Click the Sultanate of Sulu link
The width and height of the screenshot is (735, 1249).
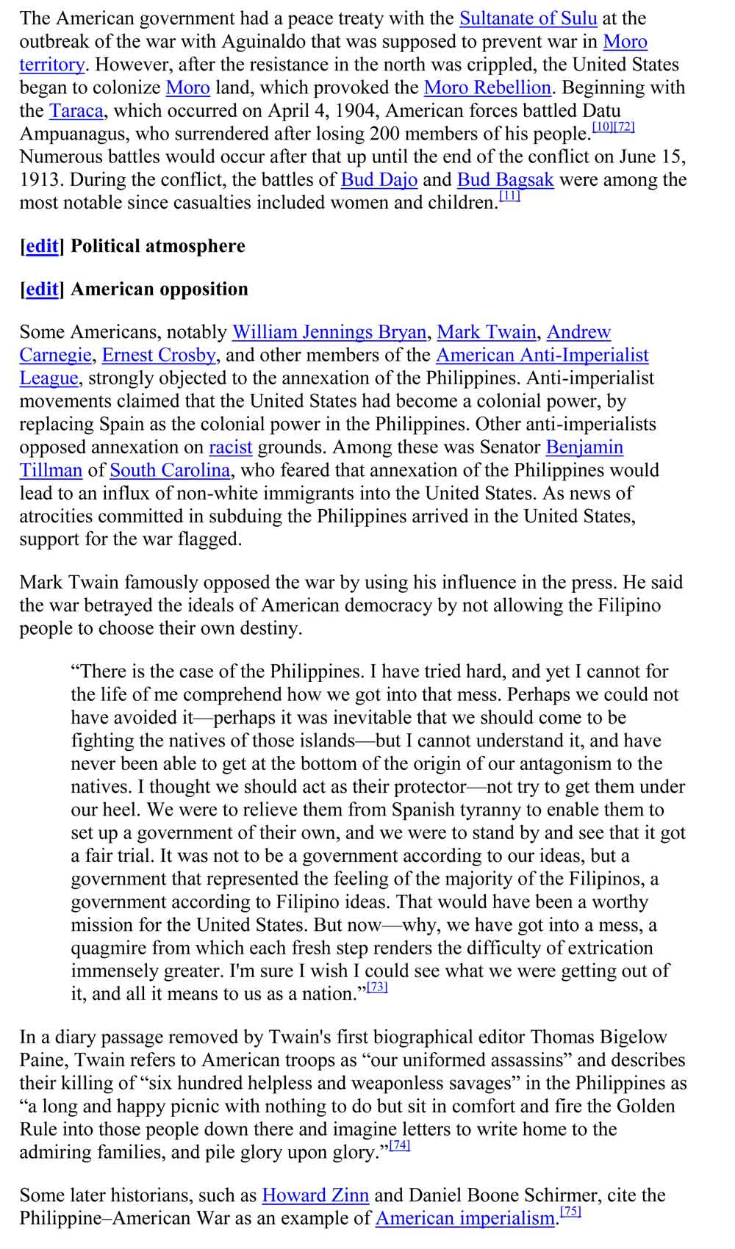528,18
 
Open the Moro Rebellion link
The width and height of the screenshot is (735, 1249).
487,87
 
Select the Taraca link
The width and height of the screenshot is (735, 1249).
76,111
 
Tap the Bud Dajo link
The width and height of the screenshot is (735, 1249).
379,180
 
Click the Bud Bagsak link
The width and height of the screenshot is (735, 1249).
505,180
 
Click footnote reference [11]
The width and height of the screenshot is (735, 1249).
509,196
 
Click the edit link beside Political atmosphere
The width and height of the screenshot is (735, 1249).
42,246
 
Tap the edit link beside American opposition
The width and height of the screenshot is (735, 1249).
42,289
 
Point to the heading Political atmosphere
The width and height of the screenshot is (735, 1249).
157,246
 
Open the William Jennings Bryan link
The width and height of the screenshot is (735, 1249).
329,332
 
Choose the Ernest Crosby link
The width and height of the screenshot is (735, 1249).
159,356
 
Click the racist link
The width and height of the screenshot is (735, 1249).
230,447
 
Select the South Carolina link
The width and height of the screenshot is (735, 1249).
170,470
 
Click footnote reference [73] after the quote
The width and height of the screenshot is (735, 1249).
377,987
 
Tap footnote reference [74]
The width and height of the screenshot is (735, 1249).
399,1145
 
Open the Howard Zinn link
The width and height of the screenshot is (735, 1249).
315,1195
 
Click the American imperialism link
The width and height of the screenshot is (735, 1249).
465,1218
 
